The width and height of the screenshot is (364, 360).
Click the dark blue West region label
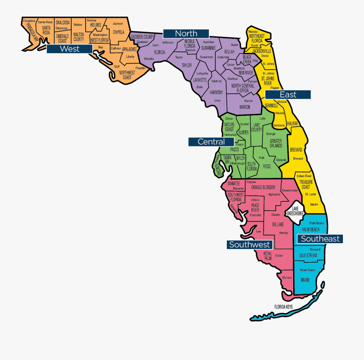pyautogui.click(x=69, y=49)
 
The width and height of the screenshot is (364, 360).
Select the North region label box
pyautogui.click(x=186, y=34)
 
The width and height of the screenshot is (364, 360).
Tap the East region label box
pyautogui.click(x=288, y=95)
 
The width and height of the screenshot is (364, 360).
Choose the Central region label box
pyautogui.click(x=211, y=142)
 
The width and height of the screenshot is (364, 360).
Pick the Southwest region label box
pyautogui.click(x=250, y=244)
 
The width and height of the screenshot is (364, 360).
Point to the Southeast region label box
pyautogui.click(x=320, y=239)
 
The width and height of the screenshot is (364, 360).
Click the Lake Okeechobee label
pyautogui.click(x=295, y=211)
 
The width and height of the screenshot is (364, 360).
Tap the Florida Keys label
pyautogui.click(x=283, y=307)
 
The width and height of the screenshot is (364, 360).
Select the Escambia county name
pyautogui.click(x=29, y=21)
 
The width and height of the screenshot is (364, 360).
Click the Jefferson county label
pyautogui.click(x=167, y=42)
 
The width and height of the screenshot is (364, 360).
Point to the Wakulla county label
pyautogui.click(x=148, y=59)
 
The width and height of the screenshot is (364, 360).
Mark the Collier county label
pyautogui.click(x=279, y=256)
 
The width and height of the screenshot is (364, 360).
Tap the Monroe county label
pyautogui.click(x=287, y=278)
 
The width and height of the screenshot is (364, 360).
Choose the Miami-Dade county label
pyautogui.click(x=307, y=270)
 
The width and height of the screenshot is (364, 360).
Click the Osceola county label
pyautogui.click(x=281, y=160)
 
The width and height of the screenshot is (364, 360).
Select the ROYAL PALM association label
pyautogui.click(x=268, y=256)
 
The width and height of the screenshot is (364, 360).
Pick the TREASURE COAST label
pyautogui.click(x=305, y=184)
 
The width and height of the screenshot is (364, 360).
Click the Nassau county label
pyautogui.click(x=253, y=31)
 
